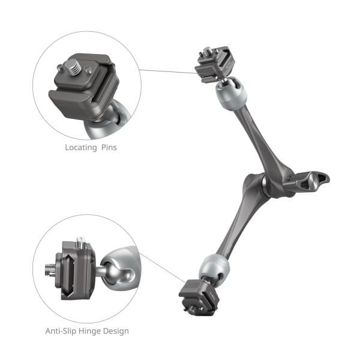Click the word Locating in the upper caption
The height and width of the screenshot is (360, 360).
coord(80,147)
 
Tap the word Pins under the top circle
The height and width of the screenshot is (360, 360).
coord(107,147)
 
